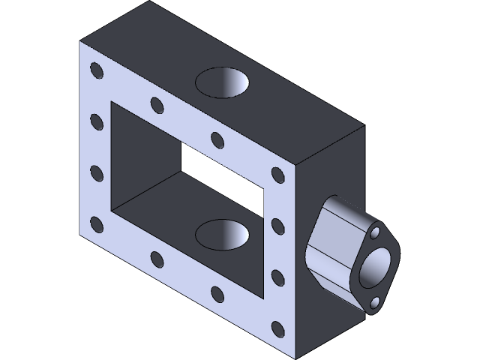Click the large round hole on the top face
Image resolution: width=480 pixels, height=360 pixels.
coord(223,82)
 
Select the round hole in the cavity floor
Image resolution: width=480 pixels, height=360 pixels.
coord(222,234)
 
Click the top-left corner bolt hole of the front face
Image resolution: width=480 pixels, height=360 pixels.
coord(96,70)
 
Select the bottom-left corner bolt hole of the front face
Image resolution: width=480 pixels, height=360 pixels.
coord(96,223)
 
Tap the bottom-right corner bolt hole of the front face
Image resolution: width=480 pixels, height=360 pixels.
coord(277,328)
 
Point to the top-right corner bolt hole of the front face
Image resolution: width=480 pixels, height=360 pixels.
coord(277,175)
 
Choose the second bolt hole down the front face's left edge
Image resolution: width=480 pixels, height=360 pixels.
coord(96,121)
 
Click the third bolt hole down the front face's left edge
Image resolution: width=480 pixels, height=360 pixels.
coord(96,172)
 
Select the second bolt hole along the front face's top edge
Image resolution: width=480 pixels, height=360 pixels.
coord(156,105)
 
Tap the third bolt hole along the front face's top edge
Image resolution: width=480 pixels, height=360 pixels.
coord(217,140)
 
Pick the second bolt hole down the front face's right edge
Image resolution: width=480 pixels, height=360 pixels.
coord(277,226)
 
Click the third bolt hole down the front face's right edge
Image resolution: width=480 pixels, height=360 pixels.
coord(277,277)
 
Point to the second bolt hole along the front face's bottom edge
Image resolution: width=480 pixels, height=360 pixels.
coord(156,259)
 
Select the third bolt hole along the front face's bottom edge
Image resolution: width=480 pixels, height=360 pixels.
coord(217,293)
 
